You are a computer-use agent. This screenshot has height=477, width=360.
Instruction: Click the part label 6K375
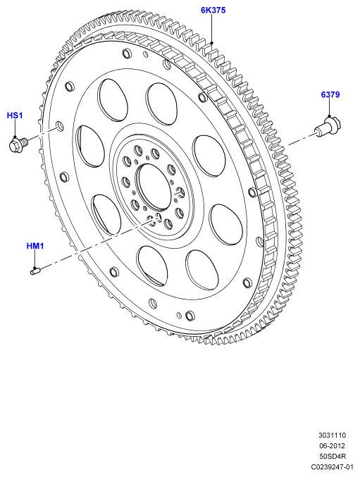coord(213,11)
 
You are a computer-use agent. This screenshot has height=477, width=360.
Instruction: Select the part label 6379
coord(330,94)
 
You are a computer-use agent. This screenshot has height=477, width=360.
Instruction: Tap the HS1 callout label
coord(15,116)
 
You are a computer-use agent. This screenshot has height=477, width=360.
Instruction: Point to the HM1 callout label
coord(35,246)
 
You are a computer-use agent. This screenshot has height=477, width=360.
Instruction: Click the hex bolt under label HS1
coord(18,144)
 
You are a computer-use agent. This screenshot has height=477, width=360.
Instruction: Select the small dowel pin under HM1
coord(35,270)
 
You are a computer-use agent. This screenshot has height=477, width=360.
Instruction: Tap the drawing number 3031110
coord(333,435)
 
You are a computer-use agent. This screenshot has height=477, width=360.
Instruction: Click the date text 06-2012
coord(333,446)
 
